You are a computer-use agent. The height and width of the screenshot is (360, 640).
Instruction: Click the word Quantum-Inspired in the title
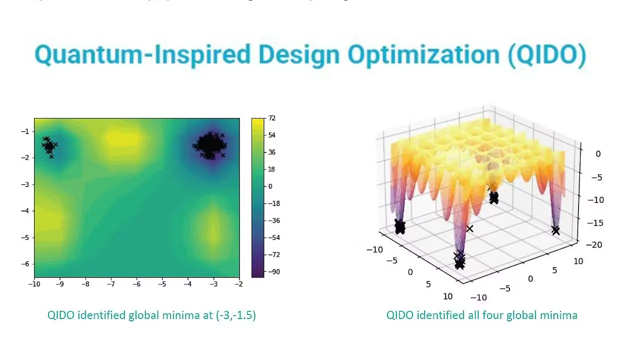click(142, 55)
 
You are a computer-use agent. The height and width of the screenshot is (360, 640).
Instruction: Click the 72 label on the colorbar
click(272, 118)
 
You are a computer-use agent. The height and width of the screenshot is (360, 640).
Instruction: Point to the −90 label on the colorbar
click(273, 271)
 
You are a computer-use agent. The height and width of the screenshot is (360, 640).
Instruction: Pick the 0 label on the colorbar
click(270, 186)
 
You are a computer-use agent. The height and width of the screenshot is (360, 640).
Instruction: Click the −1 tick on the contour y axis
click(25, 131)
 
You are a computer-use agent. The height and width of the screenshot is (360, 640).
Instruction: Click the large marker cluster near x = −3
click(211, 145)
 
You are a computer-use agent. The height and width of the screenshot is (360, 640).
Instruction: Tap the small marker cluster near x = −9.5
click(49, 146)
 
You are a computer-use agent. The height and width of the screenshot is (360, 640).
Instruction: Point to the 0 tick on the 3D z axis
click(598, 154)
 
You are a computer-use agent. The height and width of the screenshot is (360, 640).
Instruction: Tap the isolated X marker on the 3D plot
click(469, 228)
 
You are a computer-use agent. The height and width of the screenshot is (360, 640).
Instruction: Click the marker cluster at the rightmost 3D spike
click(555, 230)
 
